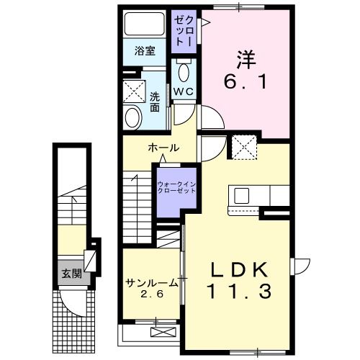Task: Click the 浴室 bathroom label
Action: (x=145, y=50)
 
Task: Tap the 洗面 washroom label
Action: (x=154, y=102)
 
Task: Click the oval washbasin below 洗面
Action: (x=132, y=117)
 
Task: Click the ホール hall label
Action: (x=163, y=148)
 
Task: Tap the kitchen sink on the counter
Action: (x=240, y=196)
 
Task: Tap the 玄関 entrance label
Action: (x=70, y=273)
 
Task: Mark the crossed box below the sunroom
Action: (x=163, y=331)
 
